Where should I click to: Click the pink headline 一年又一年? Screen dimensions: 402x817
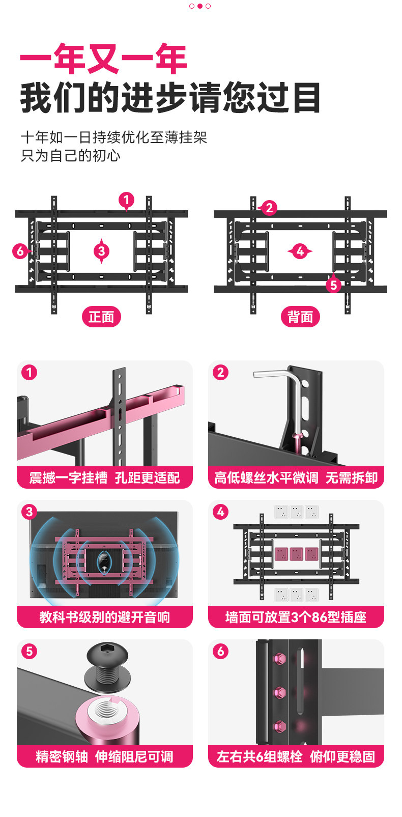pyautogui.click(x=103, y=59)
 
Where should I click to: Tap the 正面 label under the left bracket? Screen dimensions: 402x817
pyautogui.click(x=101, y=317)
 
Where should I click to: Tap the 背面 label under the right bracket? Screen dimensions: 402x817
pyautogui.click(x=300, y=317)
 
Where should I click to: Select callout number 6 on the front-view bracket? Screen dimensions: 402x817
pyautogui.click(x=20, y=250)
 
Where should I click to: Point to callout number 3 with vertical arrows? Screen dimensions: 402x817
pyautogui.click(x=101, y=250)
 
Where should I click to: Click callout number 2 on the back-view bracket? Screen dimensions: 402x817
pyautogui.click(x=269, y=208)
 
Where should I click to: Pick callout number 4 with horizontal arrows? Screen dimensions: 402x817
pyautogui.click(x=300, y=251)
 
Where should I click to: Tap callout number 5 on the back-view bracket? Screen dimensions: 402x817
pyautogui.click(x=333, y=285)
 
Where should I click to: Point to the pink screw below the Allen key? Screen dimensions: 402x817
pyautogui.click(x=297, y=439)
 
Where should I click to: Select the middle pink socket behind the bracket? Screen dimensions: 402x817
pyautogui.click(x=297, y=553)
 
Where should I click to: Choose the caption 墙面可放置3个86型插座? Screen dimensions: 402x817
pyautogui.click(x=296, y=617)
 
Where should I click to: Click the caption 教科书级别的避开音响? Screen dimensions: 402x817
pyautogui.click(x=105, y=617)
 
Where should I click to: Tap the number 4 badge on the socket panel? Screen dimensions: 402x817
pyautogui.click(x=220, y=512)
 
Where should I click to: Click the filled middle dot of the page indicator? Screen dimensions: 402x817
pyautogui.click(x=200, y=6)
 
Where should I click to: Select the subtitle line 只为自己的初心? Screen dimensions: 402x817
pyautogui.click(x=71, y=156)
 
